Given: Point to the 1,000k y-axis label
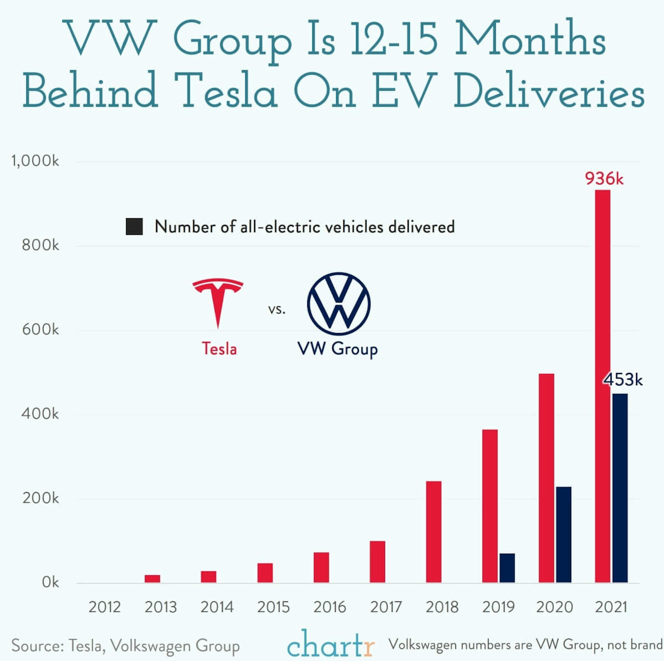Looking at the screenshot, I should pyautogui.click(x=35, y=161).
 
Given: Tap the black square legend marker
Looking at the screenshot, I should pyautogui.click(x=134, y=227).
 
